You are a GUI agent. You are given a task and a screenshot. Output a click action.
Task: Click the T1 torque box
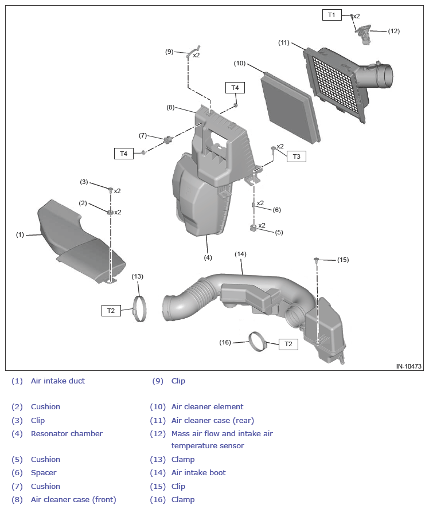click(x=331, y=15)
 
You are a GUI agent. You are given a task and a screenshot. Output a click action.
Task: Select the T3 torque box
click(x=296, y=156)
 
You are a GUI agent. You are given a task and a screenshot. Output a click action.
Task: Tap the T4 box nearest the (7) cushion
click(x=124, y=153)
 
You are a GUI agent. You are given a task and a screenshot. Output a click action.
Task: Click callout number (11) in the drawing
click(x=284, y=42)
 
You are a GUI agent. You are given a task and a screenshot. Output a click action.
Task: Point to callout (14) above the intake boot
click(x=240, y=254)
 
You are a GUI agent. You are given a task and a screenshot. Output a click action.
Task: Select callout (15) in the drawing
click(x=342, y=260)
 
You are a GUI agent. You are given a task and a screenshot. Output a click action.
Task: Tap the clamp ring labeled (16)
click(x=258, y=342)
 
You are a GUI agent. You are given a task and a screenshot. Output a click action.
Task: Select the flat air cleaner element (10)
click(x=289, y=106)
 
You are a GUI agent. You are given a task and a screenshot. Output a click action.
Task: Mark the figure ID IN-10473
click(x=408, y=366)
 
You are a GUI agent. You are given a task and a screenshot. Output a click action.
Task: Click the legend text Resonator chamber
click(x=67, y=433)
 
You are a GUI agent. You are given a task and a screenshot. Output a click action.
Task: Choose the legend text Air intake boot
click(x=198, y=472)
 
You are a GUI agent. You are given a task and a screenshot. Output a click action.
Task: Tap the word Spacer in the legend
click(x=44, y=472)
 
